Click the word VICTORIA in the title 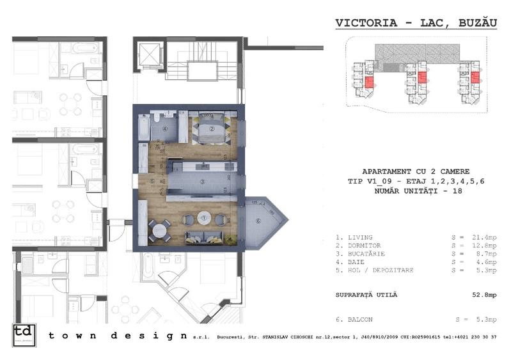tap(363, 23)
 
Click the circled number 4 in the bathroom tap(165, 129)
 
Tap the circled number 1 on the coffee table tap(204, 218)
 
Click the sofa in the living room tap(207, 237)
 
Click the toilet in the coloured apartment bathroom tap(157, 118)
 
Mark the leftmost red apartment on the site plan tap(370, 81)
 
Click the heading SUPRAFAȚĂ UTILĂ tap(366, 294)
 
